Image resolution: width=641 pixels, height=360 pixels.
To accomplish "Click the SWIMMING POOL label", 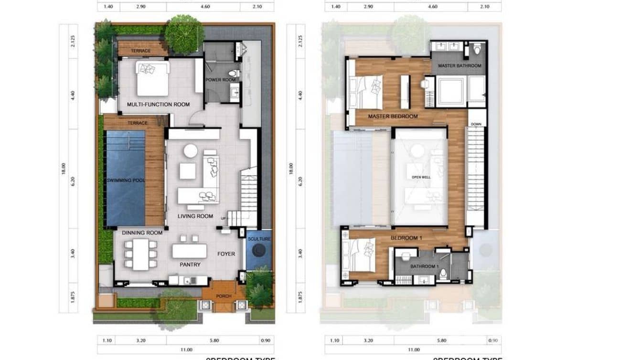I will [126, 180].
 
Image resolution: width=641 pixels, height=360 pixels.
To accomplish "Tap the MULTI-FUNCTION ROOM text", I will [158, 105].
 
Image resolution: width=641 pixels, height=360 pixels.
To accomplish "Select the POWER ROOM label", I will [221, 80].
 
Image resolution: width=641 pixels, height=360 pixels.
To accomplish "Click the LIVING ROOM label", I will [195, 216].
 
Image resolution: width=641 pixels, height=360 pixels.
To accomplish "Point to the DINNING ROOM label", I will [142, 233].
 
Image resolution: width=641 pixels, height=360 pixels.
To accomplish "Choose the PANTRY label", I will [190, 265].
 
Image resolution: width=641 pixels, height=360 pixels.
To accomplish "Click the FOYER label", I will [226, 254].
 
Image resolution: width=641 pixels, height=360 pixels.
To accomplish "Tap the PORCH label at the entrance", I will [224, 296].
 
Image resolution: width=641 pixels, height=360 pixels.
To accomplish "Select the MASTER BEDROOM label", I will [393, 116].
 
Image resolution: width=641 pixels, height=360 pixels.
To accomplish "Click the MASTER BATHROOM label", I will [459, 66].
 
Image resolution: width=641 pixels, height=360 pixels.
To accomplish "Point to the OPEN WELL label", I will [421, 177].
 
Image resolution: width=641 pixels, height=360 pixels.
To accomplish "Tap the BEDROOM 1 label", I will [406, 238].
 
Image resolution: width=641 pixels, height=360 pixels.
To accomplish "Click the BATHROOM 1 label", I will [424, 266].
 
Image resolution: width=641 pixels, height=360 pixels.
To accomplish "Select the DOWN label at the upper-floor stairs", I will [476, 124].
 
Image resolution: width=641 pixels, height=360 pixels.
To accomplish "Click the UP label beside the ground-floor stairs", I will [223, 218].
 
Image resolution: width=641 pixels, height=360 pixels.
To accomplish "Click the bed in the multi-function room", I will [153, 78].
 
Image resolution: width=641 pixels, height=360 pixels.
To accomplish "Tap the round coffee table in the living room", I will [191, 151].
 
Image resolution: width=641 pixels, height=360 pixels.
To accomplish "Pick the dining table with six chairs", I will [141, 254].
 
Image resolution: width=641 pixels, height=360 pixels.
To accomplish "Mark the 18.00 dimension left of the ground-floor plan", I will [64, 169].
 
